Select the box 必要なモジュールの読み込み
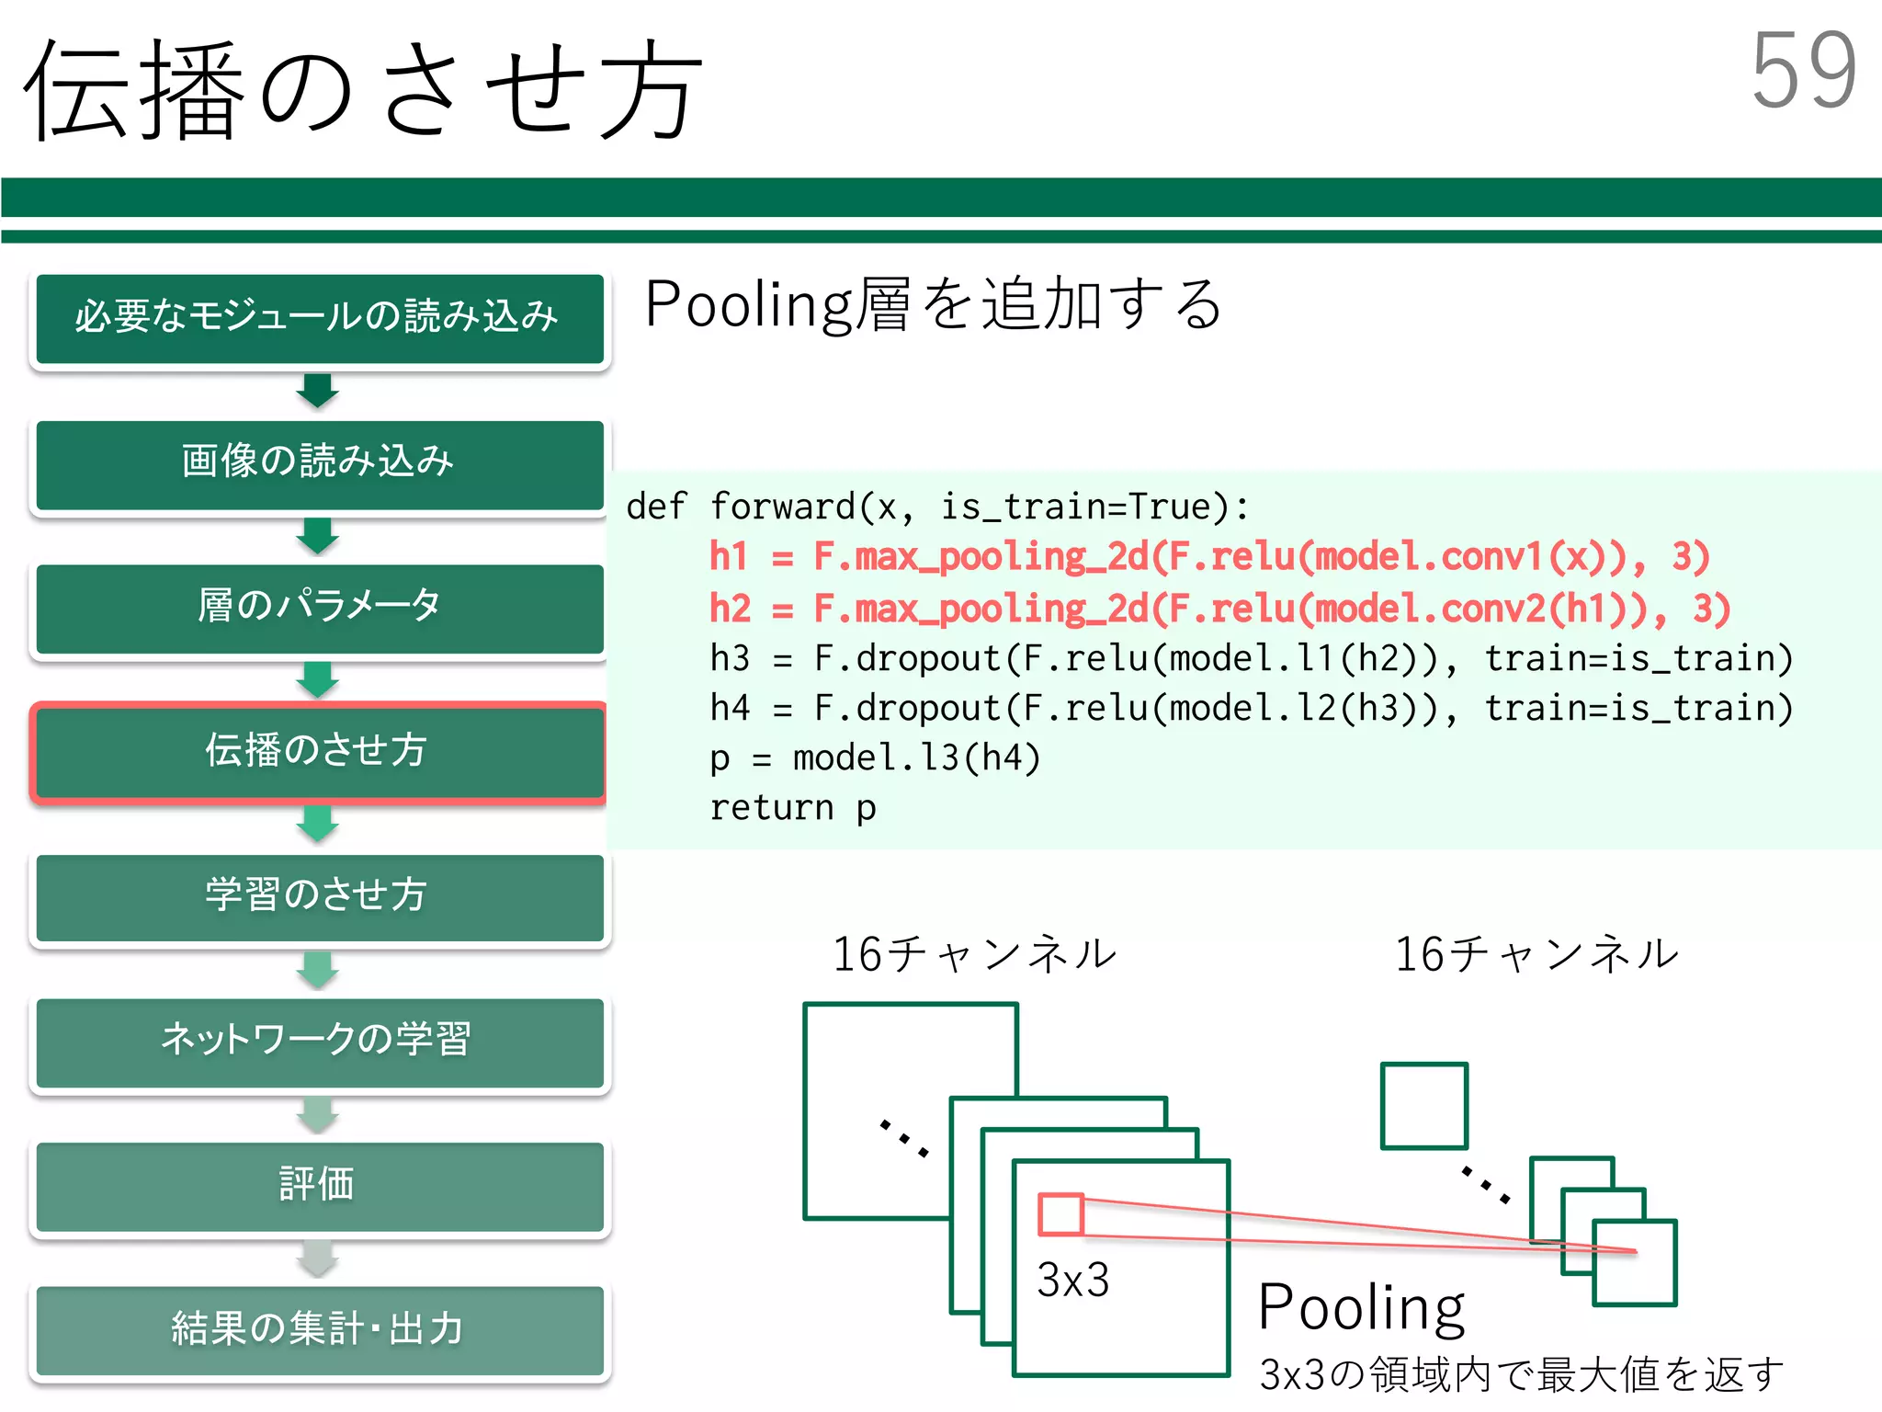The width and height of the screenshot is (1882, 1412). coord(319,317)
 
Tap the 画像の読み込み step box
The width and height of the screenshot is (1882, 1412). coord(319,462)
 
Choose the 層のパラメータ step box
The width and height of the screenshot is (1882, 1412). coord(319,607)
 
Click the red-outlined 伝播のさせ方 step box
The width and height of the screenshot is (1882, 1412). coord(319,751)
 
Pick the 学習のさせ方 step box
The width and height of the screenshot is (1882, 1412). coord(319,895)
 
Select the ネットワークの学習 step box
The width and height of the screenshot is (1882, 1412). coord(319,1041)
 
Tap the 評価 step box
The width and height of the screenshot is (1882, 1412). coord(319,1185)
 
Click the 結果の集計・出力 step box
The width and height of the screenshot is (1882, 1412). coord(319,1329)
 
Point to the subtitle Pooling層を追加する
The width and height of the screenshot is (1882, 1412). coord(933,305)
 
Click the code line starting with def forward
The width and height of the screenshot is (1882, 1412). coord(937,507)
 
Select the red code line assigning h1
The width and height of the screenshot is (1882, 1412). coord(1208,558)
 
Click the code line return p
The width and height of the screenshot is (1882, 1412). coord(792,808)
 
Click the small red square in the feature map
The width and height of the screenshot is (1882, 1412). coord(1060,1214)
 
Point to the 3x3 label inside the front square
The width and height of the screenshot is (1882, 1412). coord(1072,1279)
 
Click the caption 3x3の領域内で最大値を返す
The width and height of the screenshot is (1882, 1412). coord(1521,1375)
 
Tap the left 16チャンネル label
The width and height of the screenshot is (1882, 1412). coord(974,954)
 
